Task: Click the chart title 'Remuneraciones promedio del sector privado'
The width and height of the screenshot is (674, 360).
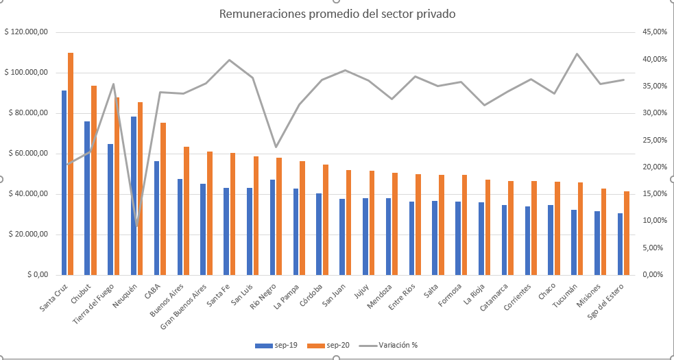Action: pos(337,14)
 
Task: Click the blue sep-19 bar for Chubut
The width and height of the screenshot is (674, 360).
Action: pos(87,198)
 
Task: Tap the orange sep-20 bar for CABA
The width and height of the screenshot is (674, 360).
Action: pos(163,199)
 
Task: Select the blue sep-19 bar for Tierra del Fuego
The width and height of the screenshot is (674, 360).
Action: pos(110,209)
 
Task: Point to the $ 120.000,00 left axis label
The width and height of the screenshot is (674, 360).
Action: pos(25,32)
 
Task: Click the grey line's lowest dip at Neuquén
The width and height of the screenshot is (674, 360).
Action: pos(137,226)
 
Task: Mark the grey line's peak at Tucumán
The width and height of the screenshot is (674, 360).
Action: pos(577,53)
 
